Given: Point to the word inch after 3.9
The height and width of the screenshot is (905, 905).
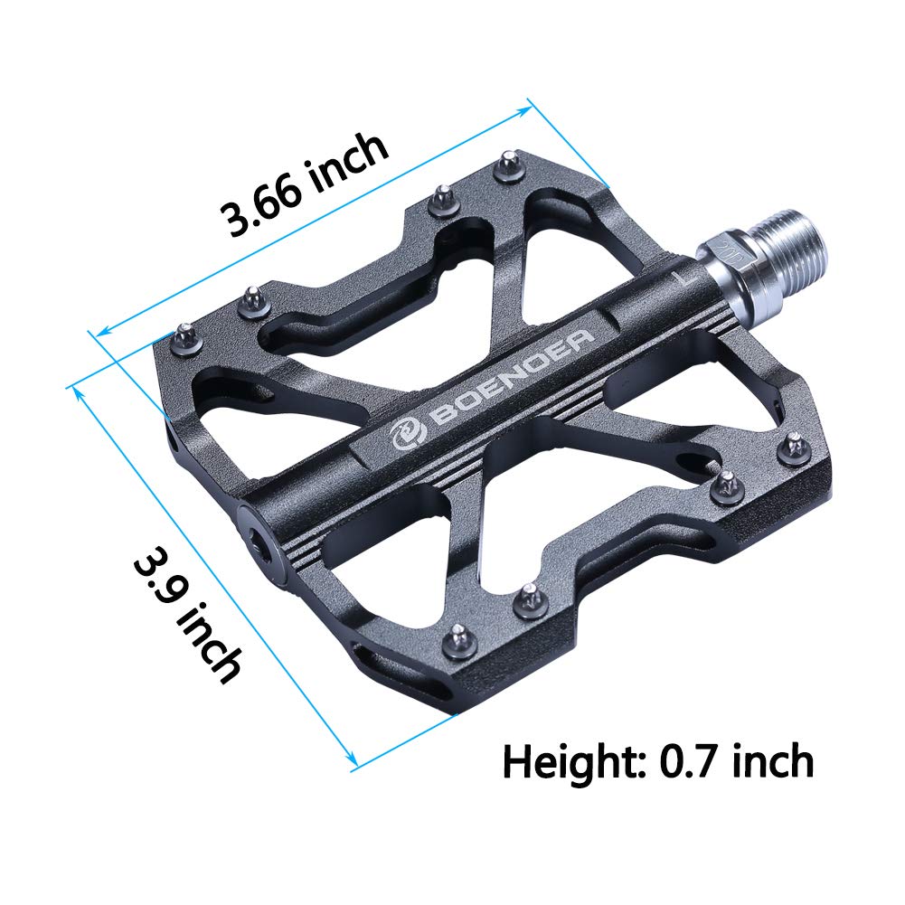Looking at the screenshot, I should click(x=213, y=645).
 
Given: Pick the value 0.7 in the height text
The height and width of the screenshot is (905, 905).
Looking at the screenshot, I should click(x=691, y=761).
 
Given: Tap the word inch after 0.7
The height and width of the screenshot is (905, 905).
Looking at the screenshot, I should click(x=769, y=761).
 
